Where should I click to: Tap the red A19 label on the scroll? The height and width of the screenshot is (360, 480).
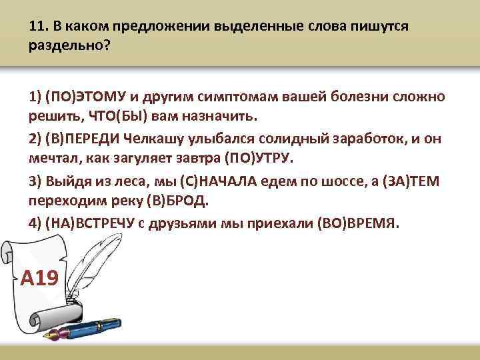tap(39, 278)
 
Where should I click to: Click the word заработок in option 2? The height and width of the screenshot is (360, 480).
tap(351, 138)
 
